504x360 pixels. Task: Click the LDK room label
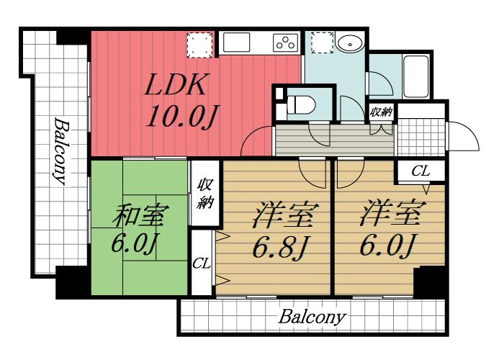[x=176, y=84]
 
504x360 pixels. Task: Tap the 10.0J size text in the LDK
[x=182, y=117]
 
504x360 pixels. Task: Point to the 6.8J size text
[x=280, y=248]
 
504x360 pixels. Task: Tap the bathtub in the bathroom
[x=416, y=76]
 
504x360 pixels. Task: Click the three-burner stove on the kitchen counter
[x=285, y=42]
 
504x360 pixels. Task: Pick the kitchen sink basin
[x=237, y=42]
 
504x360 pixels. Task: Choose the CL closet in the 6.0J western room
[x=420, y=171]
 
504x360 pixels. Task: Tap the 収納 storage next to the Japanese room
[x=205, y=193]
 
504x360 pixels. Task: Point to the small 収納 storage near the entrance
[x=382, y=112]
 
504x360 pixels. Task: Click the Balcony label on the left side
[x=61, y=151]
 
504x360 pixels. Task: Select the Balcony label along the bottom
[x=312, y=318]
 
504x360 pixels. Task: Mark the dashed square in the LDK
[x=200, y=45]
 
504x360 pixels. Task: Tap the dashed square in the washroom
[x=322, y=42]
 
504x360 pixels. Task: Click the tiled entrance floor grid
[x=421, y=138]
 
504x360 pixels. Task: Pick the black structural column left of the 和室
[x=72, y=282]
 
